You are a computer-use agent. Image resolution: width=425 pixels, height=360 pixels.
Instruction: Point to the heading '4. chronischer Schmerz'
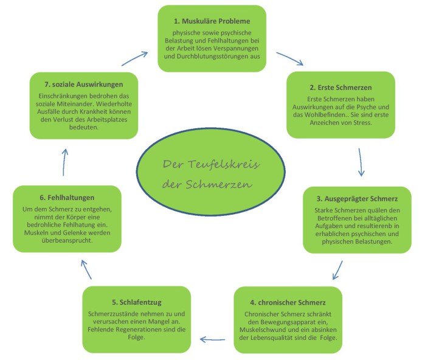[288, 302]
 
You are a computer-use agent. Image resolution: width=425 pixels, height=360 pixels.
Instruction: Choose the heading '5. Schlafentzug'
[135, 302]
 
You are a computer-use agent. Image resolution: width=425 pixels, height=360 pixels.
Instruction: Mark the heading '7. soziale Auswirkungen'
[84, 84]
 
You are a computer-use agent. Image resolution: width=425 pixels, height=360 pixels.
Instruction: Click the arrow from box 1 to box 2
[289, 58]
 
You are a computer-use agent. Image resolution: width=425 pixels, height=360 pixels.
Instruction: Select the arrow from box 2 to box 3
[360, 161]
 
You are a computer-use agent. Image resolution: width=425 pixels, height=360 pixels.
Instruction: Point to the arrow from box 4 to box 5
[214, 339]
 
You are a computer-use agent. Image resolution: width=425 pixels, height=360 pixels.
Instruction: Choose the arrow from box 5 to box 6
[87, 268]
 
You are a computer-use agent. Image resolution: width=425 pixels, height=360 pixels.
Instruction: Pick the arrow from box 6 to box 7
[64, 162]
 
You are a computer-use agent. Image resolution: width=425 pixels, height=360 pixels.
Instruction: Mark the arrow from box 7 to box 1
[134, 58]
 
